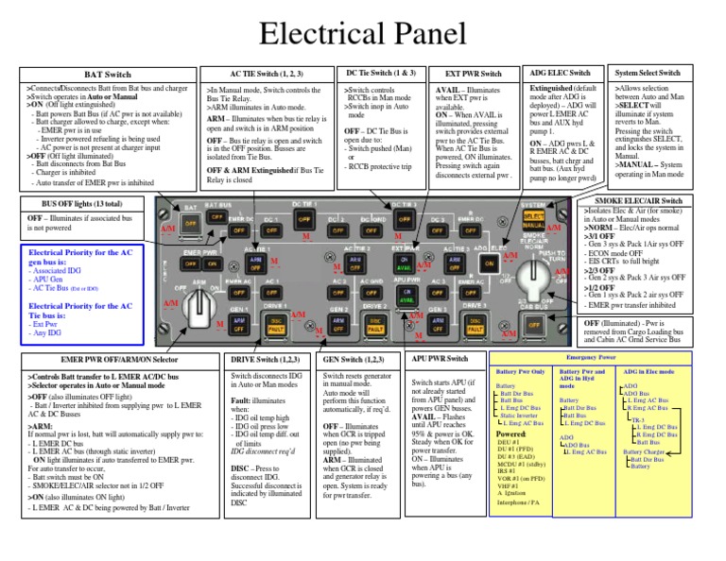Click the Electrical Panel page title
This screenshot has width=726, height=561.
click(x=363, y=34)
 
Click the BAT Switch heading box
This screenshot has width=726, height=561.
click(x=108, y=74)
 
